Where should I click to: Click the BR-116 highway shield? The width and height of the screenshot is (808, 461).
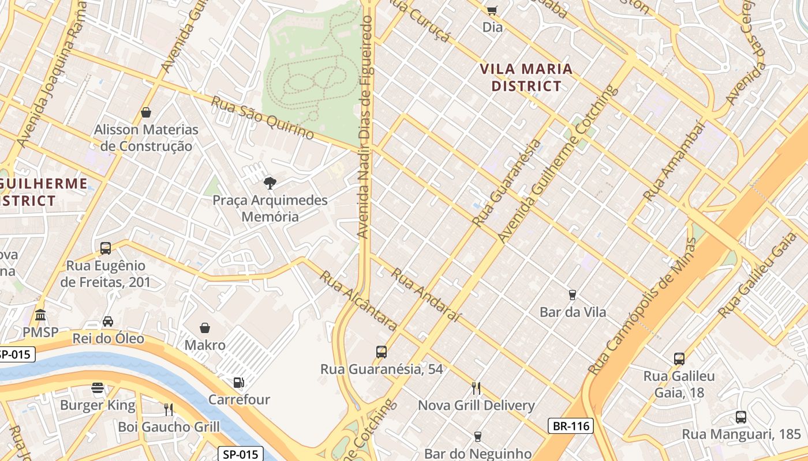click(570, 426)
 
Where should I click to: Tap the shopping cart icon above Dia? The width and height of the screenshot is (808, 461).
click(492, 10)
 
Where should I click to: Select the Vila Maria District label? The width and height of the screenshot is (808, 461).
click(526, 78)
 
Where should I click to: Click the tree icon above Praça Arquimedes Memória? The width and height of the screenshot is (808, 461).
click(269, 184)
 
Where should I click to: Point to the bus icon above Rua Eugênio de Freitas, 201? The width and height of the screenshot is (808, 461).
click(106, 248)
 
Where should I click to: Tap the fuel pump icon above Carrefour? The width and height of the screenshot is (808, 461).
click(238, 382)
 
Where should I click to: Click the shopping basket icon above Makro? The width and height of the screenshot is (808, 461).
click(205, 328)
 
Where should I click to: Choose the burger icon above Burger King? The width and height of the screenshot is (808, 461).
click(98, 388)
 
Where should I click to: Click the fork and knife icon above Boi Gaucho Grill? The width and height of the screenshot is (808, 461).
click(169, 410)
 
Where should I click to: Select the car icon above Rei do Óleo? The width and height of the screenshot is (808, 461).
click(108, 321)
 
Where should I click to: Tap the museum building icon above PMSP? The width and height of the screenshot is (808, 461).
click(40, 315)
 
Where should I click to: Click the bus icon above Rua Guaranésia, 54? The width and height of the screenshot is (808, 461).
click(381, 352)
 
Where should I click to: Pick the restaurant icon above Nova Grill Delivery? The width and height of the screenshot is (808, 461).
click(476, 388)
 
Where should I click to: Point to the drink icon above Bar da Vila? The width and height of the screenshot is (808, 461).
click(573, 295)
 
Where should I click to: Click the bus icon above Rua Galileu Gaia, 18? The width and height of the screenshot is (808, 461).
click(679, 359)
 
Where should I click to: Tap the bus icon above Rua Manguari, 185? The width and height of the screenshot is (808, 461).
click(741, 417)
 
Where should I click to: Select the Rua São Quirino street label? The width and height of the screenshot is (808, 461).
click(262, 118)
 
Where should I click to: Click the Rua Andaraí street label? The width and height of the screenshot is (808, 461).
click(427, 294)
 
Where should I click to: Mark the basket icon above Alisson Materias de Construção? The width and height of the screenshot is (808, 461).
click(146, 112)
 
